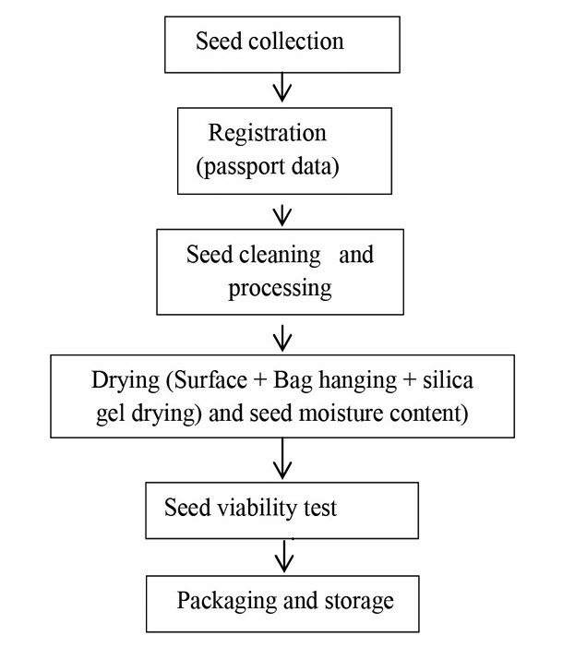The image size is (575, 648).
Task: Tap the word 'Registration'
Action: pos(267,133)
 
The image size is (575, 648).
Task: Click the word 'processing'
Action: pos(280,288)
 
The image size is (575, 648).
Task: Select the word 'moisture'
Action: pos(342,414)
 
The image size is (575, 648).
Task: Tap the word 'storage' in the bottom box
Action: pos(356,601)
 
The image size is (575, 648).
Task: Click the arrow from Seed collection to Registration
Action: pos(283,89)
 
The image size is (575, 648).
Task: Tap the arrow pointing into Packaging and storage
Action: pos(284,556)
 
